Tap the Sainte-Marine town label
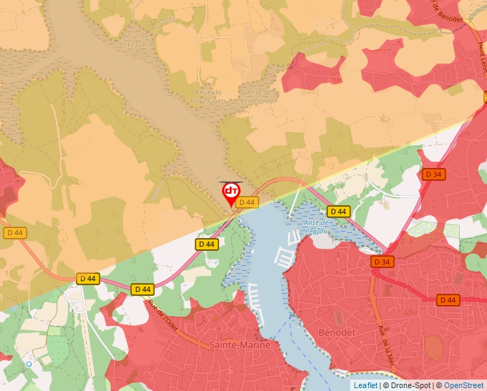point(240,345)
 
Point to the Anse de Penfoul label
point(316,226)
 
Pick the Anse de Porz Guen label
point(210,96)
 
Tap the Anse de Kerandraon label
point(261,96)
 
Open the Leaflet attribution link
point(365,385)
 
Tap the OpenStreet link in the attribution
point(463,385)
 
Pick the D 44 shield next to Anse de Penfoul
point(338,212)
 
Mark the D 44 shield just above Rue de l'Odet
point(142,289)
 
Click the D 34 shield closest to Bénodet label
point(382,262)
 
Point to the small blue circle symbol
point(29,364)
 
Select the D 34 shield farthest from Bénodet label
point(433,174)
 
